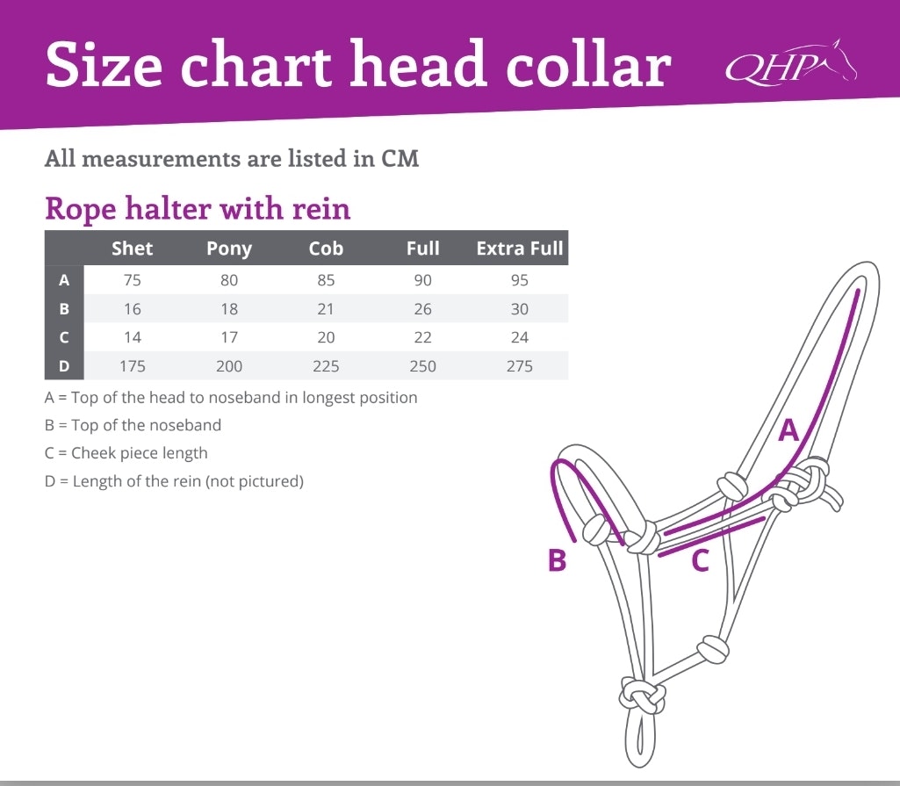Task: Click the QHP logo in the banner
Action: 791,62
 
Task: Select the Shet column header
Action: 132,248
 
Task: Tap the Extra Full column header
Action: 520,248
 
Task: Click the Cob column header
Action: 326,248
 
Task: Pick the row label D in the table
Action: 64,365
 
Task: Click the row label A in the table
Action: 64,280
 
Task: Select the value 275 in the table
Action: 520,365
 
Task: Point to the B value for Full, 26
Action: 422,309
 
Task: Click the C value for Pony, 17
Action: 229,337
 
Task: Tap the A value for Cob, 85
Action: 326,280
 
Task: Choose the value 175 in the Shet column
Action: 132,365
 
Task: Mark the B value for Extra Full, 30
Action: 520,309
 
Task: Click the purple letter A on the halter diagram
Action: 788,429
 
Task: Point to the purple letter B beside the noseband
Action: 557,559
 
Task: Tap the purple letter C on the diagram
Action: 701,559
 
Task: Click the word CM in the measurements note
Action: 400,158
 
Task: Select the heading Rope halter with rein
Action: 198,208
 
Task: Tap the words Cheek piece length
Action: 140,453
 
